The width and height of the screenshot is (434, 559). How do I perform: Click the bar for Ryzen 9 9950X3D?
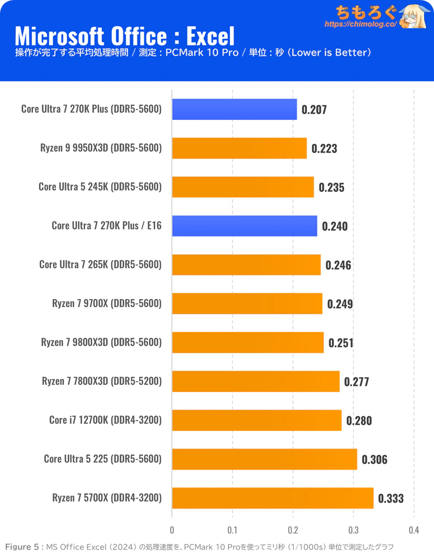pos(239,148)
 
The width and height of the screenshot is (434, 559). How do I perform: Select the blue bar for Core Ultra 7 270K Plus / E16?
pos(245,226)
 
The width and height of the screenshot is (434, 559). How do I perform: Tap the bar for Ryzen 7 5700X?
pos(272,498)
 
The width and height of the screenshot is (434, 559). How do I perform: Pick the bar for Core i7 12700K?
pos(257,420)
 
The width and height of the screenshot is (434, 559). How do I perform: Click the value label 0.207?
pos(314,110)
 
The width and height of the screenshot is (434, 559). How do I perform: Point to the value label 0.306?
pos(374,460)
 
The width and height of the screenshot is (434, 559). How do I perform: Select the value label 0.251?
pos(340,343)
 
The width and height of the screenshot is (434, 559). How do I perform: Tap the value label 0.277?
pos(356,382)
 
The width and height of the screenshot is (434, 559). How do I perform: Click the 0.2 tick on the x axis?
pos(293,530)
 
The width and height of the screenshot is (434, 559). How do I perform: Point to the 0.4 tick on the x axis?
pos(414,530)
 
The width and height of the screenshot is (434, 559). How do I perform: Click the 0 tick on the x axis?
pos(172,530)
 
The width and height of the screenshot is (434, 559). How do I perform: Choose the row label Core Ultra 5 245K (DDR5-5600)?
pos(100,187)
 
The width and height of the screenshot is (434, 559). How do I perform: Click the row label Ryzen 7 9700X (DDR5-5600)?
pos(107,303)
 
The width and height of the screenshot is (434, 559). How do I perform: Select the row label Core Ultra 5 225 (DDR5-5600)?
pos(103,459)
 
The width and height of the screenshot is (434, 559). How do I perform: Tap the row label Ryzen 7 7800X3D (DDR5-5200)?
pos(101,382)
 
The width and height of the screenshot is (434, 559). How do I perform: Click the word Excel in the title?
pos(210,36)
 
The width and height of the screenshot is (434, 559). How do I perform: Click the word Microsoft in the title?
pos(56,36)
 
